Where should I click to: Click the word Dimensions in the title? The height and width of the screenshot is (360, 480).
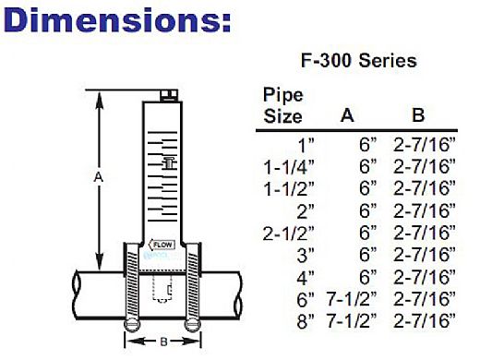[x=114, y=20]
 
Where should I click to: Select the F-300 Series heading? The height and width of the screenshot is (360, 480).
[x=359, y=60]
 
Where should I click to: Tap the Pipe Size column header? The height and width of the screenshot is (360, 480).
[x=283, y=105]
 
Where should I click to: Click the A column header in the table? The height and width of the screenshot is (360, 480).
[x=347, y=115]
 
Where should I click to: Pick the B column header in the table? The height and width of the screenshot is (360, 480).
[x=418, y=115]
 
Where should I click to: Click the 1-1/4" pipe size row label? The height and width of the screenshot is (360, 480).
[x=289, y=167]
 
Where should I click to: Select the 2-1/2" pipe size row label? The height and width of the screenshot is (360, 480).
[x=289, y=233]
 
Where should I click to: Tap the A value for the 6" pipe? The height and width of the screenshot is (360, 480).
[x=352, y=298]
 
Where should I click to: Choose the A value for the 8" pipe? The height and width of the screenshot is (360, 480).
[x=352, y=320]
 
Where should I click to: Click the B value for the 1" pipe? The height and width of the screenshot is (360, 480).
[x=425, y=144]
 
